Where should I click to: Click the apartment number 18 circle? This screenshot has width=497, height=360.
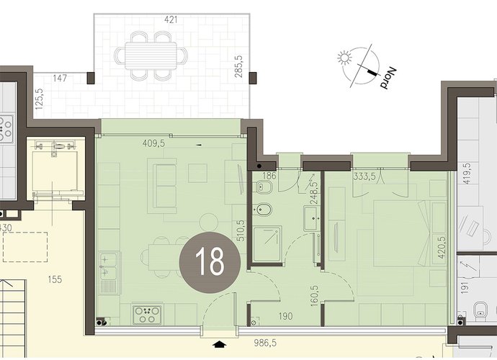click(210, 262)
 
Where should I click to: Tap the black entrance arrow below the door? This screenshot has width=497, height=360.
click(219, 344)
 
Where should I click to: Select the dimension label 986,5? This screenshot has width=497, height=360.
click(266, 343)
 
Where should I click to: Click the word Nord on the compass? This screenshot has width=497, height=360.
click(388, 78)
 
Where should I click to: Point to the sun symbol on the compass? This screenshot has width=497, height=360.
click(345, 58)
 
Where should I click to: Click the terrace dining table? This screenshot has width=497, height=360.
click(151, 55)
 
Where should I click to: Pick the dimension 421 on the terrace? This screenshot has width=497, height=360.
click(171, 20)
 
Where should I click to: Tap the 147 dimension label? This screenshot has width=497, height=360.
click(60, 78)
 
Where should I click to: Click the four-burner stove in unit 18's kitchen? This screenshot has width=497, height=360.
click(146, 315)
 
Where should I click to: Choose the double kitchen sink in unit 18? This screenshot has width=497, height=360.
click(109, 273)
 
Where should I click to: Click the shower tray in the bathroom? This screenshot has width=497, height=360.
click(267, 243)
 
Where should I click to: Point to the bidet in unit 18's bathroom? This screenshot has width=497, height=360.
click(264, 209)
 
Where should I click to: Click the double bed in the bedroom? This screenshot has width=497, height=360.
click(401, 233)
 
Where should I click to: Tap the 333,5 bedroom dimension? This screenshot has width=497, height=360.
click(364, 176)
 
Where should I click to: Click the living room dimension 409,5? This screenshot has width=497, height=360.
click(153, 143)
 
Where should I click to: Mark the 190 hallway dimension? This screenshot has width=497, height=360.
click(285, 316)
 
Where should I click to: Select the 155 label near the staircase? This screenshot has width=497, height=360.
click(55, 280)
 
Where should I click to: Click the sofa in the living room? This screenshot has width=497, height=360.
click(165, 186)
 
